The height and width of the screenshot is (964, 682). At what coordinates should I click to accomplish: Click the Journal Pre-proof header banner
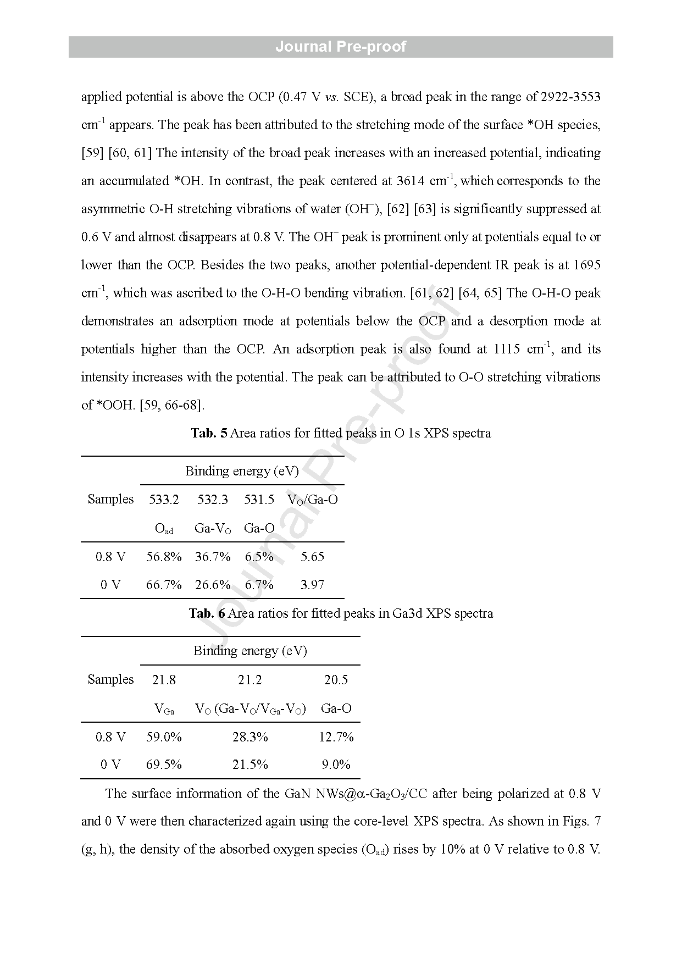click(341, 47)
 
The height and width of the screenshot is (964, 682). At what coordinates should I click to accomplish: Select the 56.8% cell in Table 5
click(164, 557)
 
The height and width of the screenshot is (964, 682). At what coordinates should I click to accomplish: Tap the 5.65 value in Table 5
click(312, 557)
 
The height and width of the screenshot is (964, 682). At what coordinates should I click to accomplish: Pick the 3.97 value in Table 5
click(312, 585)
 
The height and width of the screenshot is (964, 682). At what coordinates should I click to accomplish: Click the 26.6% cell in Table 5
click(213, 585)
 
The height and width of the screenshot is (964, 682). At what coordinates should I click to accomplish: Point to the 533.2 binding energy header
click(164, 500)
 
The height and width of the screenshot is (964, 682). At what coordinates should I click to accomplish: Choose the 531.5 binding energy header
click(259, 500)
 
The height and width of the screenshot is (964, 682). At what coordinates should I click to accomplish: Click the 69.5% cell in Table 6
click(164, 764)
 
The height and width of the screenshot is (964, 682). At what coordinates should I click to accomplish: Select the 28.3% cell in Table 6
click(250, 737)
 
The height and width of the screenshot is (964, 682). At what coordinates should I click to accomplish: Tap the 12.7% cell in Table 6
click(336, 737)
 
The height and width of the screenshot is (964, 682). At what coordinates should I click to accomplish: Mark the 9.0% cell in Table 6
click(336, 764)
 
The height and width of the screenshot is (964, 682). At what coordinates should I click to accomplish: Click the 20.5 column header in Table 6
click(336, 680)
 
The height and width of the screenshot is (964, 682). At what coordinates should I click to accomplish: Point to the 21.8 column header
click(164, 680)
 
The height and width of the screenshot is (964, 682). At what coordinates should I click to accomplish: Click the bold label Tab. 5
click(209, 433)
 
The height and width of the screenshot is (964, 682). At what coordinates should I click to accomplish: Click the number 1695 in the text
click(586, 265)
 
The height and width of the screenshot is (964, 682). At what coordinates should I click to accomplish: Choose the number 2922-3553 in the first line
click(570, 97)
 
